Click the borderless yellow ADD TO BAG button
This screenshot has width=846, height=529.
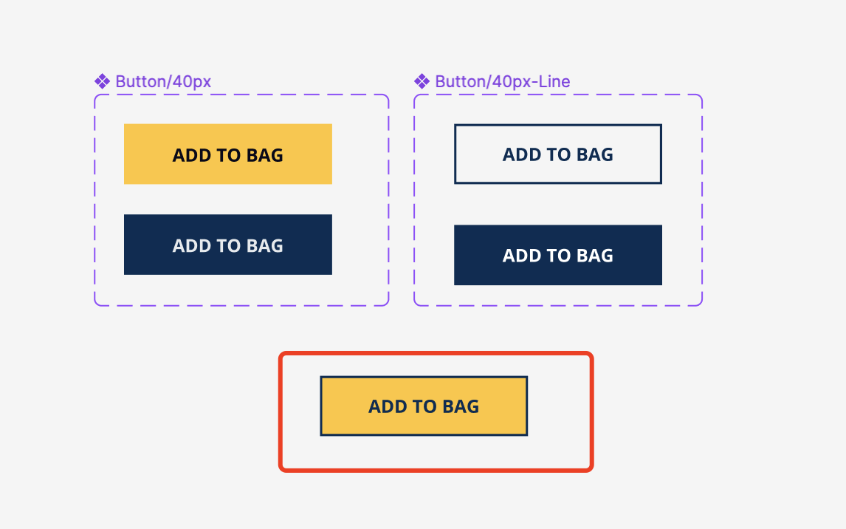pyautogui.click(x=227, y=154)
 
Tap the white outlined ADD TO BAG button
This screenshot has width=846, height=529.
pyautogui.click(x=558, y=154)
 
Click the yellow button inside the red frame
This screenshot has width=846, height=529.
pyautogui.click(x=424, y=406)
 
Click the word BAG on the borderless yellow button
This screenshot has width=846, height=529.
pyautogui.click(x=264, y=155)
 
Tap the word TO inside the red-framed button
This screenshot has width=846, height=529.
pyautogui.click(x=424, y=406)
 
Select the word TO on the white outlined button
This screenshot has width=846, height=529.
pyautogui.click(x=558, y=154)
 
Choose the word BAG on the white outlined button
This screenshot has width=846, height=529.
pyautogui.click(x=594, y=154)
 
